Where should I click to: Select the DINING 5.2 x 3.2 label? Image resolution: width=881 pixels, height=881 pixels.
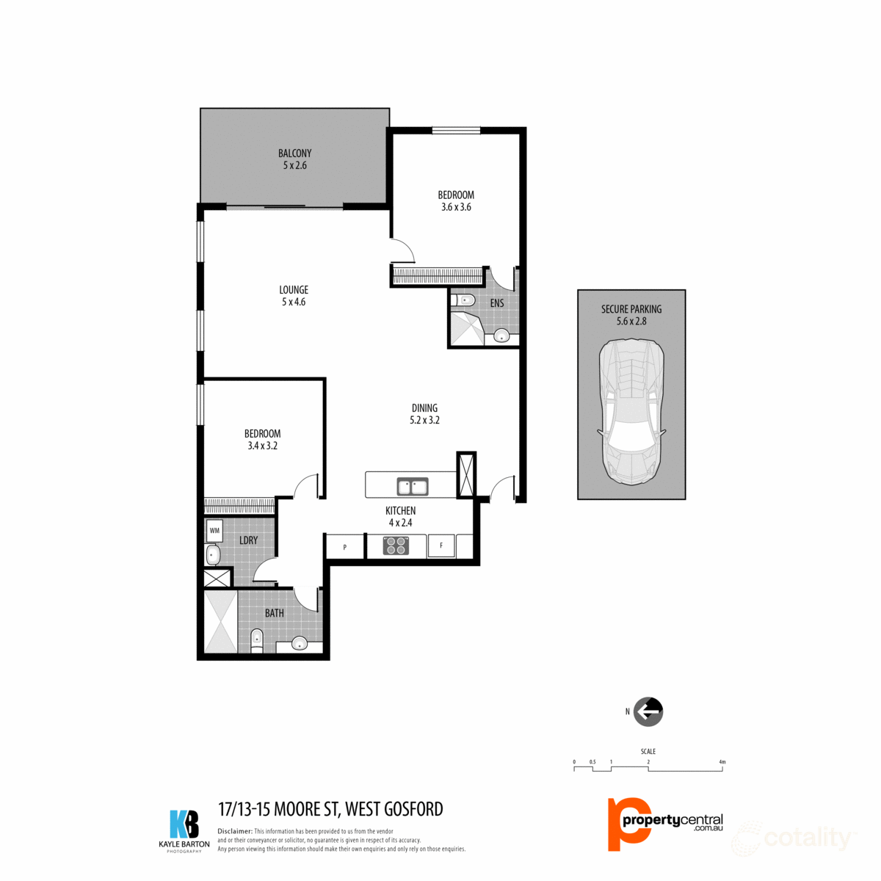(424, 414)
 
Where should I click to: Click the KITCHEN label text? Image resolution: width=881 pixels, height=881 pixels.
(401, 511)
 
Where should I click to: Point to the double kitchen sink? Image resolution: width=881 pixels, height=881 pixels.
(413, 486)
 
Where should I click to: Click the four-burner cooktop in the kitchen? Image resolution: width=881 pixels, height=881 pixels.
(396, 545)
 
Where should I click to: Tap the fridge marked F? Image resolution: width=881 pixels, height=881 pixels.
(441, 545)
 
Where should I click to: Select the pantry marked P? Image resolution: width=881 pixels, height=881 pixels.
(345, 547)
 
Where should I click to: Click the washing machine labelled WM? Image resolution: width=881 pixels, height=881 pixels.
(214, 529)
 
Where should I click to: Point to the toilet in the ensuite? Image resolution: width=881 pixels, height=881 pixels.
(463, 300)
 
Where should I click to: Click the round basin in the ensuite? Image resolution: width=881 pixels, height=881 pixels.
(501, 336)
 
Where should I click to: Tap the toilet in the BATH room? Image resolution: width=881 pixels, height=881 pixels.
(256, 639)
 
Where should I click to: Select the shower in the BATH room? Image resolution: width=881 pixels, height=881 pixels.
(221, 621)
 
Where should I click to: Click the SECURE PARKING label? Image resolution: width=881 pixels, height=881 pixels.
(631, 310)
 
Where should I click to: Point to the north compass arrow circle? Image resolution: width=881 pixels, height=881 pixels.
(648, 711)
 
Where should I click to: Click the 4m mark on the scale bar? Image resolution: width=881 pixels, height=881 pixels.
(722, 763)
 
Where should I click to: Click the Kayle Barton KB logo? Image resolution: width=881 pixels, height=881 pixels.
(184, 824)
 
